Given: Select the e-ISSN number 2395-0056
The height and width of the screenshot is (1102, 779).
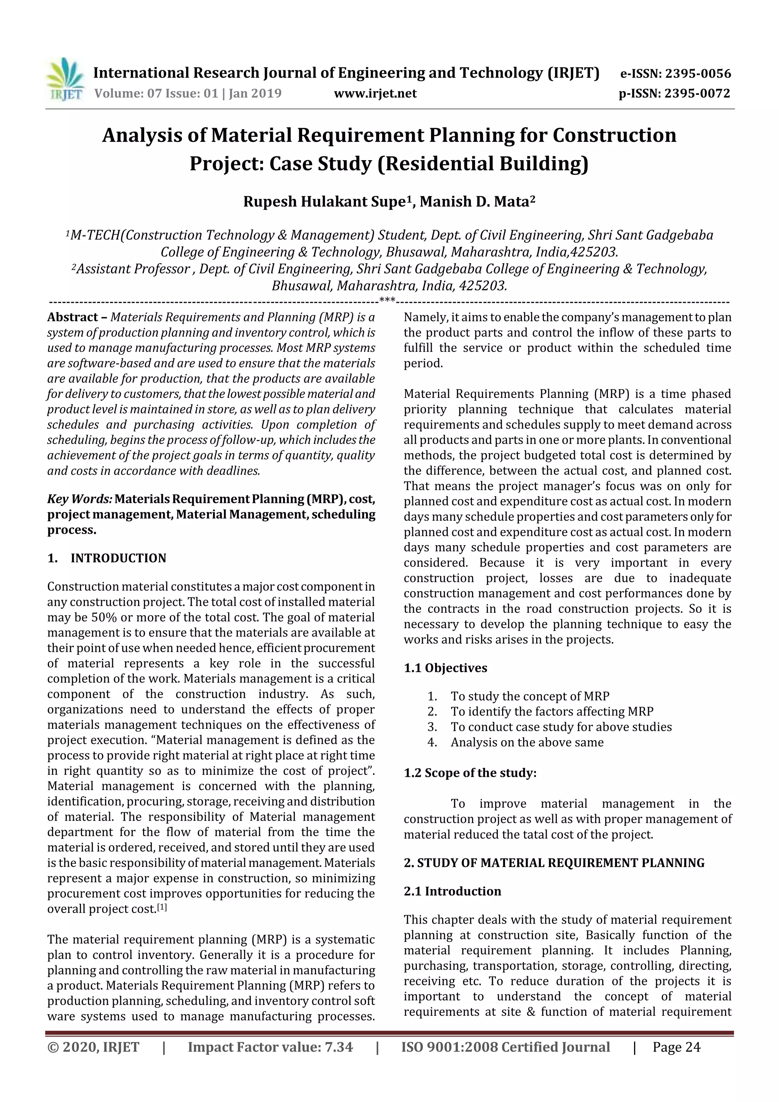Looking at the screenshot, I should pos(698,74).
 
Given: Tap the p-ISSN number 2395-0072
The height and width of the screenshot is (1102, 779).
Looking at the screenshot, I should pos(697,94).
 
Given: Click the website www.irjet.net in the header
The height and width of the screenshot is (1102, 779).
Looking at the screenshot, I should pos(375,94).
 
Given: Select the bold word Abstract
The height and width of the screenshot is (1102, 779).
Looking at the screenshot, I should pos(73,317).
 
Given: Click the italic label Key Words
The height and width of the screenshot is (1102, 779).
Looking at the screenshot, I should pos(79,499).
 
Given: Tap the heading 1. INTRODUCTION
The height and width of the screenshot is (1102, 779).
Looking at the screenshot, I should pos(107,558).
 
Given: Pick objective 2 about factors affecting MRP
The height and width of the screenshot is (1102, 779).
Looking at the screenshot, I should pos(552,712).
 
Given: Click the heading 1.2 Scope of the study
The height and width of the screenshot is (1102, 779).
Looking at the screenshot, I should pos(470,773).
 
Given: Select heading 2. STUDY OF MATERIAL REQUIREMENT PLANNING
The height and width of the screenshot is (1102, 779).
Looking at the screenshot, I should pos(554,863).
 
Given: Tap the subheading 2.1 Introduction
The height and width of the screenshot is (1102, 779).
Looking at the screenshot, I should pos(452,891).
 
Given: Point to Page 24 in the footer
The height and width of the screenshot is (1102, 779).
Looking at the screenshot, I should pos(676,1047).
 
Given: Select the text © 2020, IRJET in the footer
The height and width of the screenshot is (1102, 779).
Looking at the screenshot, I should pos(93,1047).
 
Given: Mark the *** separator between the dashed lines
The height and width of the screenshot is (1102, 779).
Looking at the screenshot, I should pos(387,301).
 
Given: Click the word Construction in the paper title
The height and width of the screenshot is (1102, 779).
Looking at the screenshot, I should pos(614,135).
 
